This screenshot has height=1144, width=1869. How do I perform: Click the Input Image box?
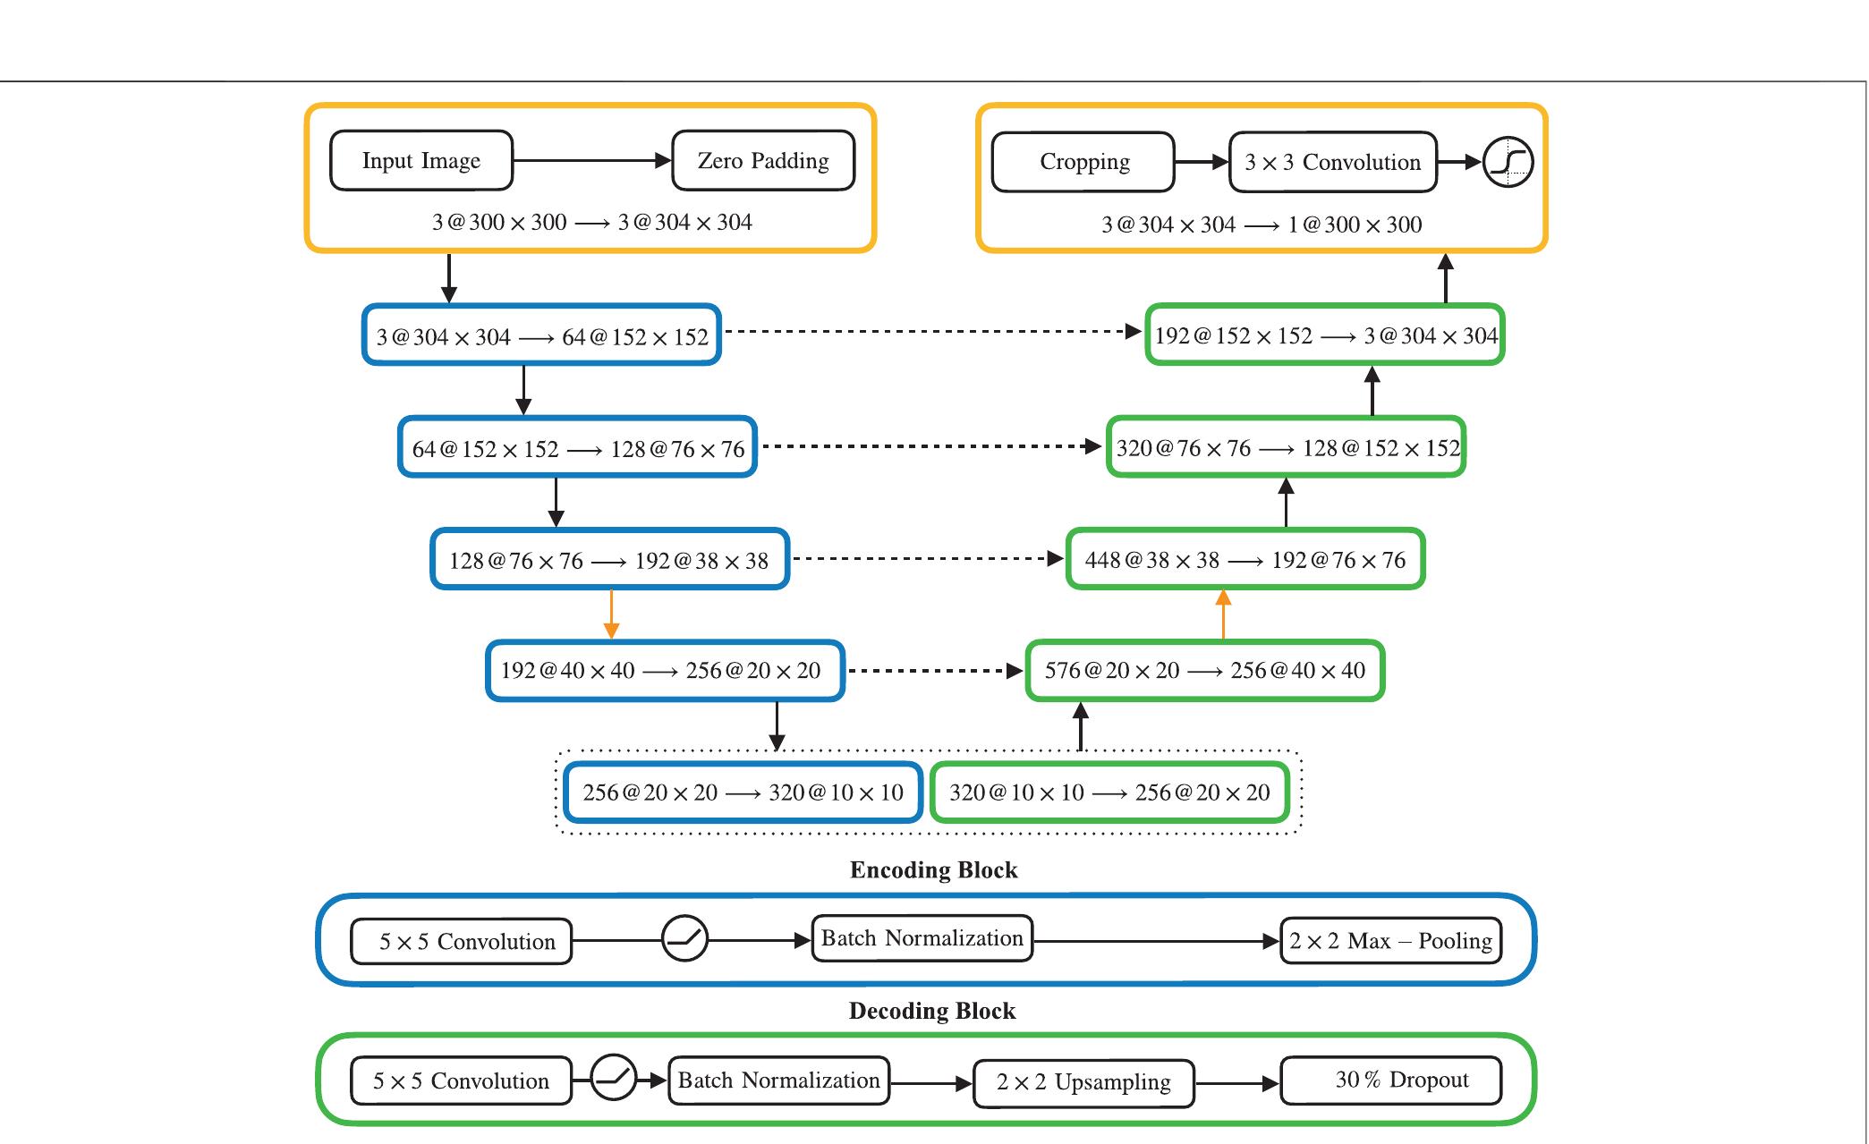[x=421, y=161]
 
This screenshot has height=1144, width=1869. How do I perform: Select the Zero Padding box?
[x=763, y=161]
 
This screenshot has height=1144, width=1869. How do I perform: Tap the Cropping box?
[x=1083, y=163]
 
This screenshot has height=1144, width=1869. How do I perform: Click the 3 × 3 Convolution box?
[x=1332, y=163]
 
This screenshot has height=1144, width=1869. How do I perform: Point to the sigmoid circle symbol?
[x=1508, y=162]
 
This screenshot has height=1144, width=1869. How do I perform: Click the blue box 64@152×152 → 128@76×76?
[x=578, y=447]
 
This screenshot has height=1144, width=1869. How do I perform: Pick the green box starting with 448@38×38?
[x=1245, y=560]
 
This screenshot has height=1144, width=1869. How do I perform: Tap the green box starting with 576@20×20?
[x=1205, y=671]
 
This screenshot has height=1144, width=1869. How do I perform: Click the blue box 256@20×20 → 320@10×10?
[x=743, y=792]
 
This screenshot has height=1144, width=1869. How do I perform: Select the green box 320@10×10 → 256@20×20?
[x=1109, y=792]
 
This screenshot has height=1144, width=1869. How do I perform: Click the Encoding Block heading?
[x=933, y=870]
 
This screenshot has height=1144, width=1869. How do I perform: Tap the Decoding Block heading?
[x=932, y=1011]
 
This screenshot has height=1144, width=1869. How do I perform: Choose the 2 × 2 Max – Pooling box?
[x=1390, y=941]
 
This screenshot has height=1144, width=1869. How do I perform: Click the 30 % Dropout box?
[x=1391, y=1081]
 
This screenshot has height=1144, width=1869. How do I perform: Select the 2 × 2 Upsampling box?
[x=1083, y=1083]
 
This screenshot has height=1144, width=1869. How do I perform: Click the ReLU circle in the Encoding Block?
[x=684, y=939]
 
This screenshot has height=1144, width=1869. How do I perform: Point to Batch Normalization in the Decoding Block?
[x=778, y=1080]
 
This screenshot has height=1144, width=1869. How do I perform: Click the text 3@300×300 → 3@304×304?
[x=591, y=223]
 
